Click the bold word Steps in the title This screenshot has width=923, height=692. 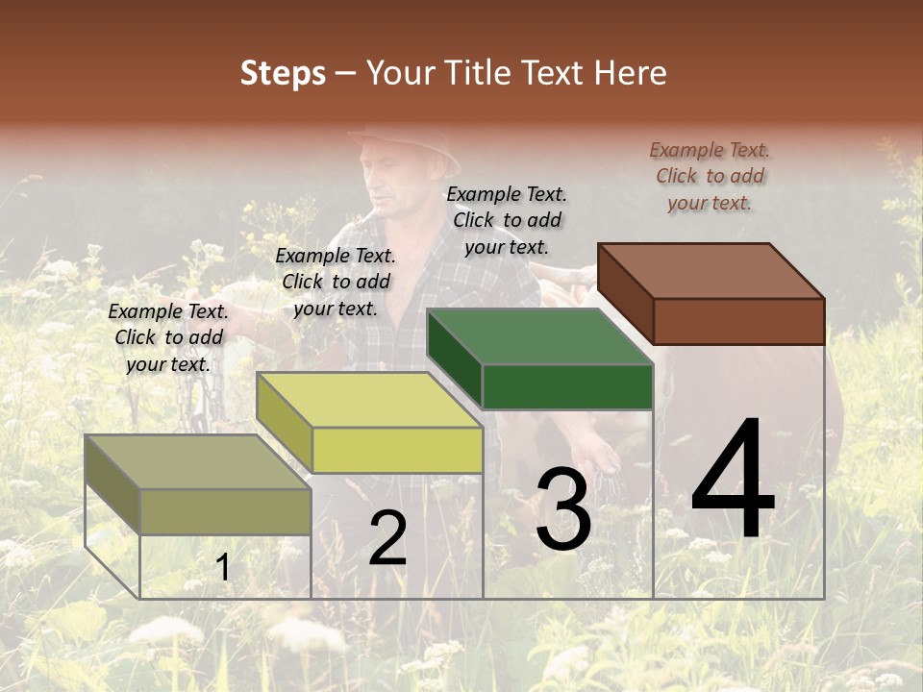tap(283, 73)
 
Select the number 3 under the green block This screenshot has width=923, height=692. tap(562, 509)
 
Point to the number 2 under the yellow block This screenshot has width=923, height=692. tap(387, 539)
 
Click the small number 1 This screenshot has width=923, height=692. tap(222, 568)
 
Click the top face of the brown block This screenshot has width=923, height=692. tap(710, 270)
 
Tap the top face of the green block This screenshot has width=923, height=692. tap(538, 336)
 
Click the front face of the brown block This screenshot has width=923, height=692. tap(738, 321)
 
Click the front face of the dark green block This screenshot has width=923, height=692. tap(567, 387)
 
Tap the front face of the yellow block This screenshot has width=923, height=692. tap(397, 450)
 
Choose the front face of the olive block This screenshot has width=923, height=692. tap(226, 511)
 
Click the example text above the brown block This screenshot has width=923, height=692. tap(710, 176)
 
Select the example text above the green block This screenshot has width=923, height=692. tap(507, 220)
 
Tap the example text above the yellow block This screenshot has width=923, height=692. tap(336, 282)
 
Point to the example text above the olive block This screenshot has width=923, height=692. tap(168, 337)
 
